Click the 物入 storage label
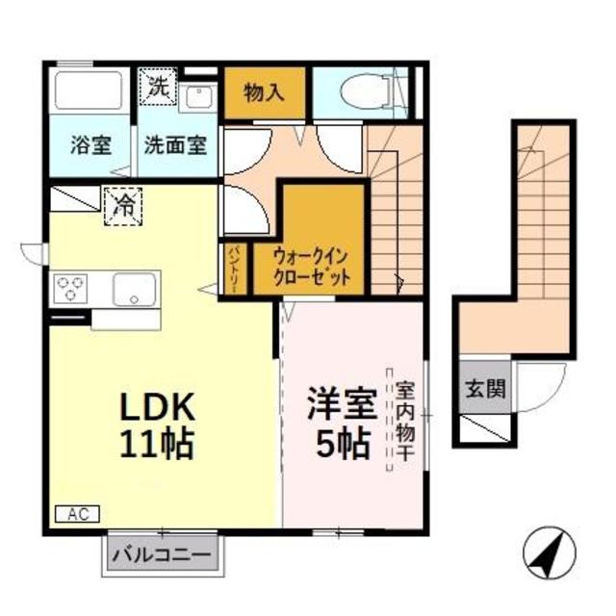264,92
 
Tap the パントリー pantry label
235,270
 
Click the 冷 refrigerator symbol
124,203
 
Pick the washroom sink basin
198,95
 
